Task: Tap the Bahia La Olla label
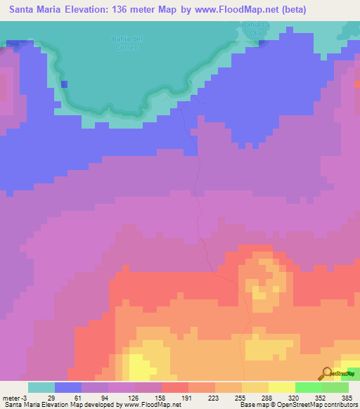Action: [x=247, y=28]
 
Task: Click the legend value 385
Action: [x=347, y=397]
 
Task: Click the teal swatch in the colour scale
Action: [x=41, y=387]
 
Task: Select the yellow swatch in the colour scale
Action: [x=281, y=387]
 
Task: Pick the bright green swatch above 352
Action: [x=308, y=387]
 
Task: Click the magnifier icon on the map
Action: [x=328, y=372]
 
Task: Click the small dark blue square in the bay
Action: [x=65, y=84]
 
